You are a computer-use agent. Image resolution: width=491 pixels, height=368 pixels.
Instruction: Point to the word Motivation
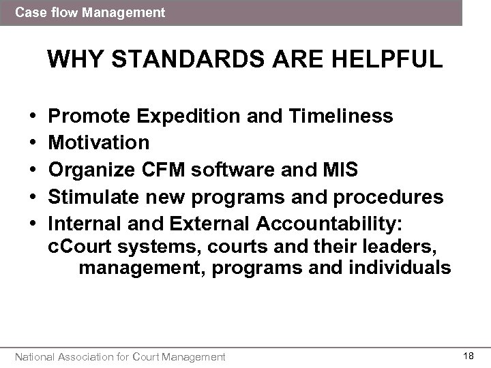pos(100,142)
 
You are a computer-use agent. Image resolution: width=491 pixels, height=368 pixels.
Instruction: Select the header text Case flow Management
pos(90,12)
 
